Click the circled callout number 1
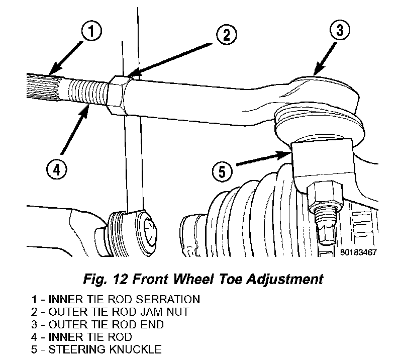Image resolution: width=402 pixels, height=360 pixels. (x=91, y=31)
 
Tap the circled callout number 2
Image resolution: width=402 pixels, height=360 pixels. (x=227, y=35)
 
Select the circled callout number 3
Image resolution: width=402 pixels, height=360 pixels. (x=340, y=30)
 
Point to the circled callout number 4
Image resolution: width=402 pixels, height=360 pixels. (x=57, y=169)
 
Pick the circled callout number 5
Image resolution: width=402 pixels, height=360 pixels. (x=222, y=171)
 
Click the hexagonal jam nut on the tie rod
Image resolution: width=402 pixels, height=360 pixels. (x=118, y=96)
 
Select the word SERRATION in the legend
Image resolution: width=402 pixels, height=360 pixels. (x=168, y=300)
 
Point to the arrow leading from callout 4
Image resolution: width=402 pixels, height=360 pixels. (x=74, y=130)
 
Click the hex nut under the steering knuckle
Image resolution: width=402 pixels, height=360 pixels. (x=325, y=194)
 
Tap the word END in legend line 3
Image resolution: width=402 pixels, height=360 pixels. (x=152, y=325)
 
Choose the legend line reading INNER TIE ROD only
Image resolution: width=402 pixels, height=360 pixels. (x=81, y=337)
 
